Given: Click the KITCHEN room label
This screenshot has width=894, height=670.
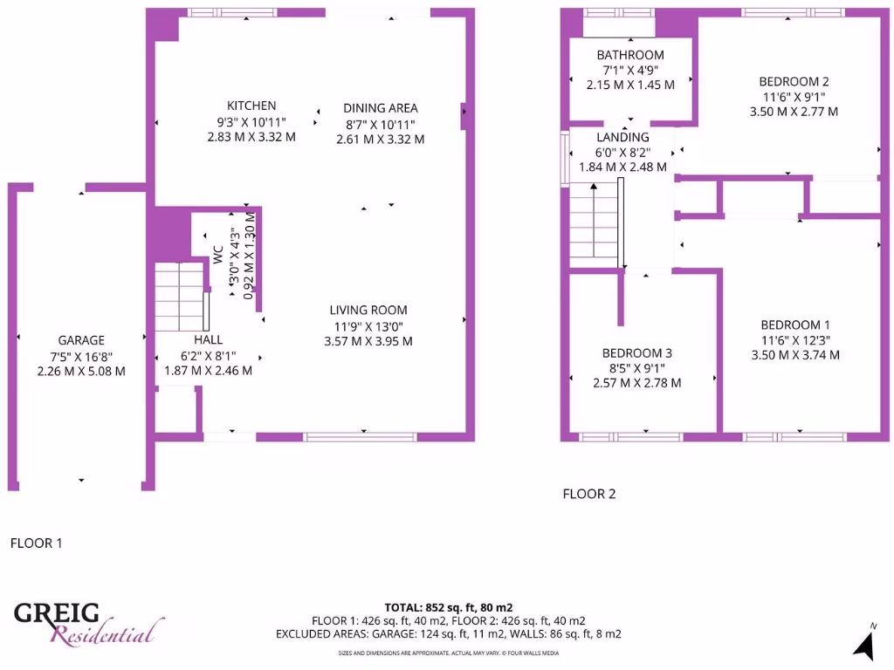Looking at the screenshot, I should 251,106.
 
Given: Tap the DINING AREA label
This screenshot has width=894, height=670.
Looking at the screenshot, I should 381,108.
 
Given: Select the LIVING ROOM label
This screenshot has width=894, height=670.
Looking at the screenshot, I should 368,310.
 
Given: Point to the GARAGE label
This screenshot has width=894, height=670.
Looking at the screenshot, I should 81,340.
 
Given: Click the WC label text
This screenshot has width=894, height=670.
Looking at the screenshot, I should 217,254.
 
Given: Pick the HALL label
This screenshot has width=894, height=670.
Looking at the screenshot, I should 208,339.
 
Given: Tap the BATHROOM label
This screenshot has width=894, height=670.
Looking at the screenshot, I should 630,55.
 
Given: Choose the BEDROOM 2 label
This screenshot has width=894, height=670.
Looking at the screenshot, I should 794,81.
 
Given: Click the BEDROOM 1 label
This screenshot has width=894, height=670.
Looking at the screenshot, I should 795,325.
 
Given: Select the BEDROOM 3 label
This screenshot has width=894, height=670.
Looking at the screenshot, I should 637,352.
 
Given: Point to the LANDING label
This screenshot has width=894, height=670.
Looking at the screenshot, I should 622,137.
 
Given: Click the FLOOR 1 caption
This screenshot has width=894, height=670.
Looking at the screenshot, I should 36,543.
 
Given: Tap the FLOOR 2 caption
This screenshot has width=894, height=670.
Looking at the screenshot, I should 589,494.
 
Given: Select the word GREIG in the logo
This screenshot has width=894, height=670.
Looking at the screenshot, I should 57,614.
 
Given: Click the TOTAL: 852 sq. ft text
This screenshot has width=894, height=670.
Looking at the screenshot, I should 448,607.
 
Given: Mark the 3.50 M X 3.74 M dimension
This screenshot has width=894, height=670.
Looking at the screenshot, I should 795,355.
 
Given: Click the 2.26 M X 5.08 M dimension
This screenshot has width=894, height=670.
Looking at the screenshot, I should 81,371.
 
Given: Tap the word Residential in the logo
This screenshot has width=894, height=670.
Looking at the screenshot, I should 107,632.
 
